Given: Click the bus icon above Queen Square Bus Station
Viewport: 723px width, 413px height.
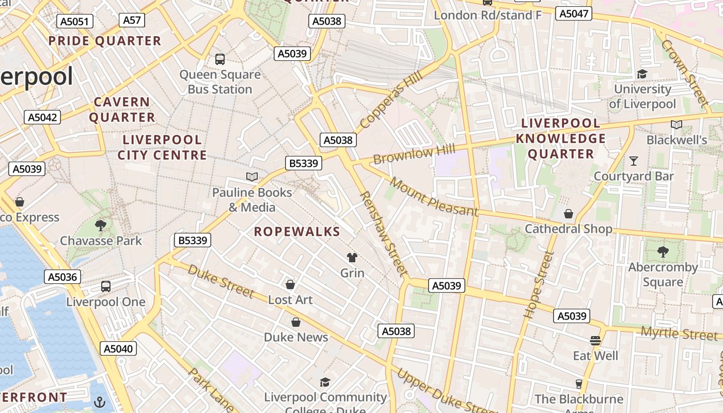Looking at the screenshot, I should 220,59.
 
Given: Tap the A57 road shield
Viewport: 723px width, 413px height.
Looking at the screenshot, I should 132,20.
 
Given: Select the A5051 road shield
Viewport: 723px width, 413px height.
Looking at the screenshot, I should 75,21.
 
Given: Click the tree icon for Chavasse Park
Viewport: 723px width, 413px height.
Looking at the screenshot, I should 101,225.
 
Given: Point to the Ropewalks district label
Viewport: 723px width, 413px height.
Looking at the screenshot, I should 297,232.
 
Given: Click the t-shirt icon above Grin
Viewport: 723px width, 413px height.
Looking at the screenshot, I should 352,257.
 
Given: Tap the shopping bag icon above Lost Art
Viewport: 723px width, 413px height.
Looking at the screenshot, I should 290,284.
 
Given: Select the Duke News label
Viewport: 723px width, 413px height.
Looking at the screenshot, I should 296,337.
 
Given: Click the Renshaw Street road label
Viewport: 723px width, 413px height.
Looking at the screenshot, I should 384,233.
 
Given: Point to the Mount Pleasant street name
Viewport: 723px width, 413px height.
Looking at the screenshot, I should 434,197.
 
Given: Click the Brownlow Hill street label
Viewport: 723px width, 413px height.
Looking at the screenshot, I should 414,154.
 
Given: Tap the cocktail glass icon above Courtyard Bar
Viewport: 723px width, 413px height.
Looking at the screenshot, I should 634,161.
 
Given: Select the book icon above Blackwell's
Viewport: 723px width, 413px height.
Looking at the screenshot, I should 677,124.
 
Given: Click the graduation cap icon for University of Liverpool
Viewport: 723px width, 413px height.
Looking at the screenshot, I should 642,74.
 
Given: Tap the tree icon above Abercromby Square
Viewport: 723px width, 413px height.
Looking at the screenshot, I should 663,252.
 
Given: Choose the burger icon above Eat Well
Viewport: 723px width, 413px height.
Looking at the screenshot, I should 595,341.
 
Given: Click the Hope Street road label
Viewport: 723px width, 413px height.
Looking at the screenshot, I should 538,284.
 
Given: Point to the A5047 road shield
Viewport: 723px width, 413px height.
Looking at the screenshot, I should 574,14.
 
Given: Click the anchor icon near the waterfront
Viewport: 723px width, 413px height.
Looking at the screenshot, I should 99,402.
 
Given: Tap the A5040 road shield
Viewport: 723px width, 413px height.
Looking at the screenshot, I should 118,348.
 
